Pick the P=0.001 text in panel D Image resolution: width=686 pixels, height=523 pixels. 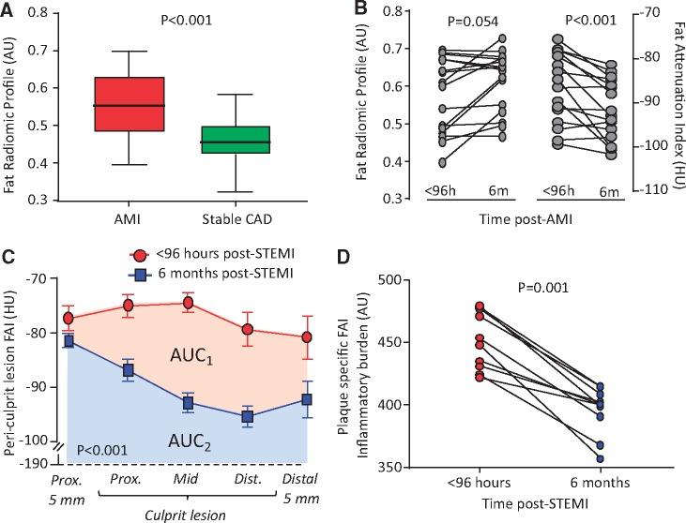point(535,290)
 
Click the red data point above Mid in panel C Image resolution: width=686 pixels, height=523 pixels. point(188,303)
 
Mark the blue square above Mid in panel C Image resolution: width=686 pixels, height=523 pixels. point(188,404)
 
